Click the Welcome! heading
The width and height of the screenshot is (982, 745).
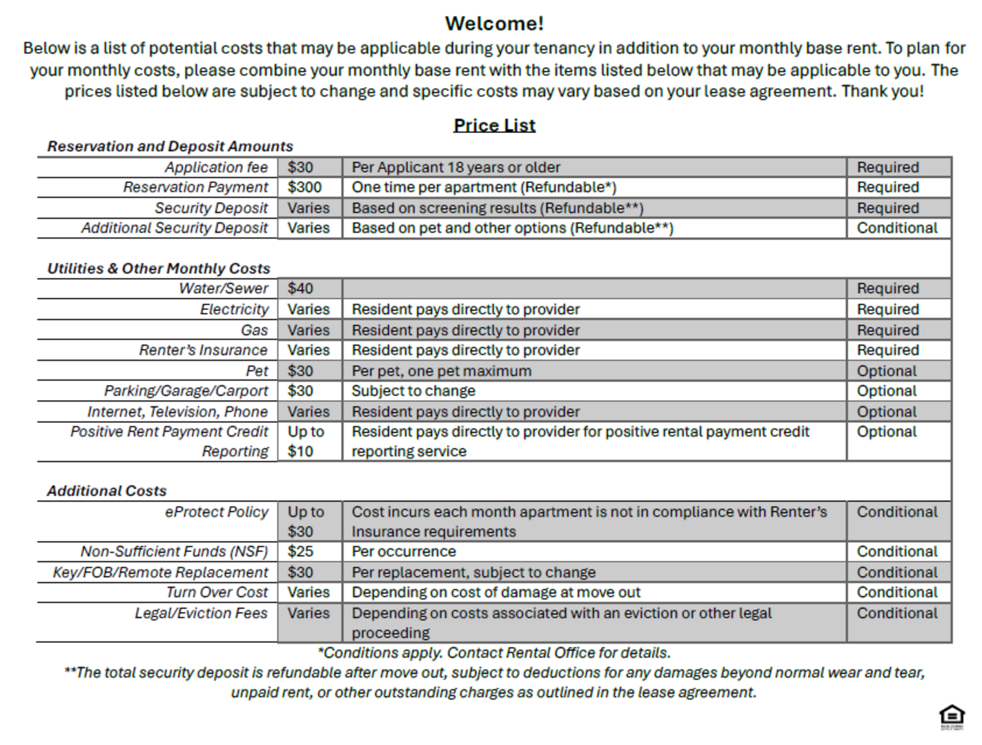494,23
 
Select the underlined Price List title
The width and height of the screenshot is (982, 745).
494,126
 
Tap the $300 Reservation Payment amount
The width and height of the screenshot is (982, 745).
304,188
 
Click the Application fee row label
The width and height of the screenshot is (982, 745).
216,168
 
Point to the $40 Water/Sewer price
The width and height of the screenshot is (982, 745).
300,288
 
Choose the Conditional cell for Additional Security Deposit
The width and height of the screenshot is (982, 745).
896,228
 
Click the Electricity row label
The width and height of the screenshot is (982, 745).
234,309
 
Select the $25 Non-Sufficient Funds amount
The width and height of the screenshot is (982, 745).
300,552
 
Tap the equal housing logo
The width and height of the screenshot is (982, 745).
952,717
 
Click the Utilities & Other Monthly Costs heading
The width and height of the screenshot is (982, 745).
159,268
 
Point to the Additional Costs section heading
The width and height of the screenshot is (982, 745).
107,491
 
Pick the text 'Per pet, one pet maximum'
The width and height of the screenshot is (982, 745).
442,371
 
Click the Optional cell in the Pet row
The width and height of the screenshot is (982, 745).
886,371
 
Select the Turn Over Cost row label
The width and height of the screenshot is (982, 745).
217,593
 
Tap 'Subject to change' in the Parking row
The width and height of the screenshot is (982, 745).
413,391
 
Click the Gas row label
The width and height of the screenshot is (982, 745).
254,330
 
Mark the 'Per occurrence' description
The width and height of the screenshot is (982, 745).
404,552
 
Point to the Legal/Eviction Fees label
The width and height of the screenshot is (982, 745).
201,613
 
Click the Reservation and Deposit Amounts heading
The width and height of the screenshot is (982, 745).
170,146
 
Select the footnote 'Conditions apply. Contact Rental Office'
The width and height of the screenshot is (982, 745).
494,653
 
